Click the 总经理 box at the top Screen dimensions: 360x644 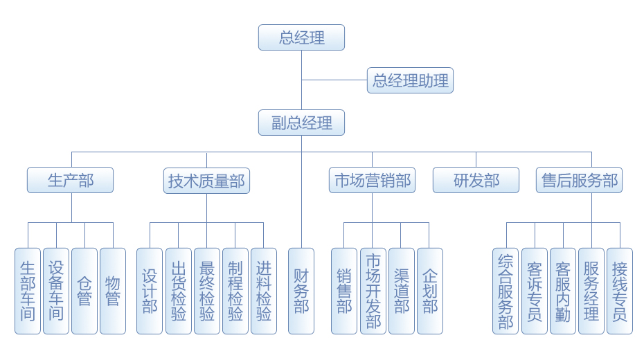[x=301, y=37]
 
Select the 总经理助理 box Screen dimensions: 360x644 [x=410, y=80]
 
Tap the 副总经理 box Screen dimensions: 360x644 [x=301, y=123]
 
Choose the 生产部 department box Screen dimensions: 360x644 [x=70, y=181]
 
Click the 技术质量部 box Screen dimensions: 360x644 [x=206, y=181]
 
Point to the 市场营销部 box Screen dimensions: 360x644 [x=372, y=181]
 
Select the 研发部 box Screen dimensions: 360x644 [x=476, y=181]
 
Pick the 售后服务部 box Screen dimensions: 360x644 [x=580, y=181]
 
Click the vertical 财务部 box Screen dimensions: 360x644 [x=301, y=291]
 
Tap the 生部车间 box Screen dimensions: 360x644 [x=28, y=291]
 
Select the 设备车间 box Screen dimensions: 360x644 [x=56, y=291]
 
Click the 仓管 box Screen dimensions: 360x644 [x=84, y=291]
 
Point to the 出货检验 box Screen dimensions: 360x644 [x=179, y=291]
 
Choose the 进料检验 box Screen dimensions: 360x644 [x=264, y=291]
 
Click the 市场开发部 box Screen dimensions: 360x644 [x=373, y=291]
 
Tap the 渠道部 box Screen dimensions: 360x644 [x=402, y=291]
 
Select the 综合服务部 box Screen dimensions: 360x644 [x=506, y=291]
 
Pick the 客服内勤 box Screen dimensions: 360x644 [x=563, y=291]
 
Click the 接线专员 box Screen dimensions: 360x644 [x=620, y=291]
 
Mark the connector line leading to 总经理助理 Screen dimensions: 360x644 [x=334, y=80]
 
